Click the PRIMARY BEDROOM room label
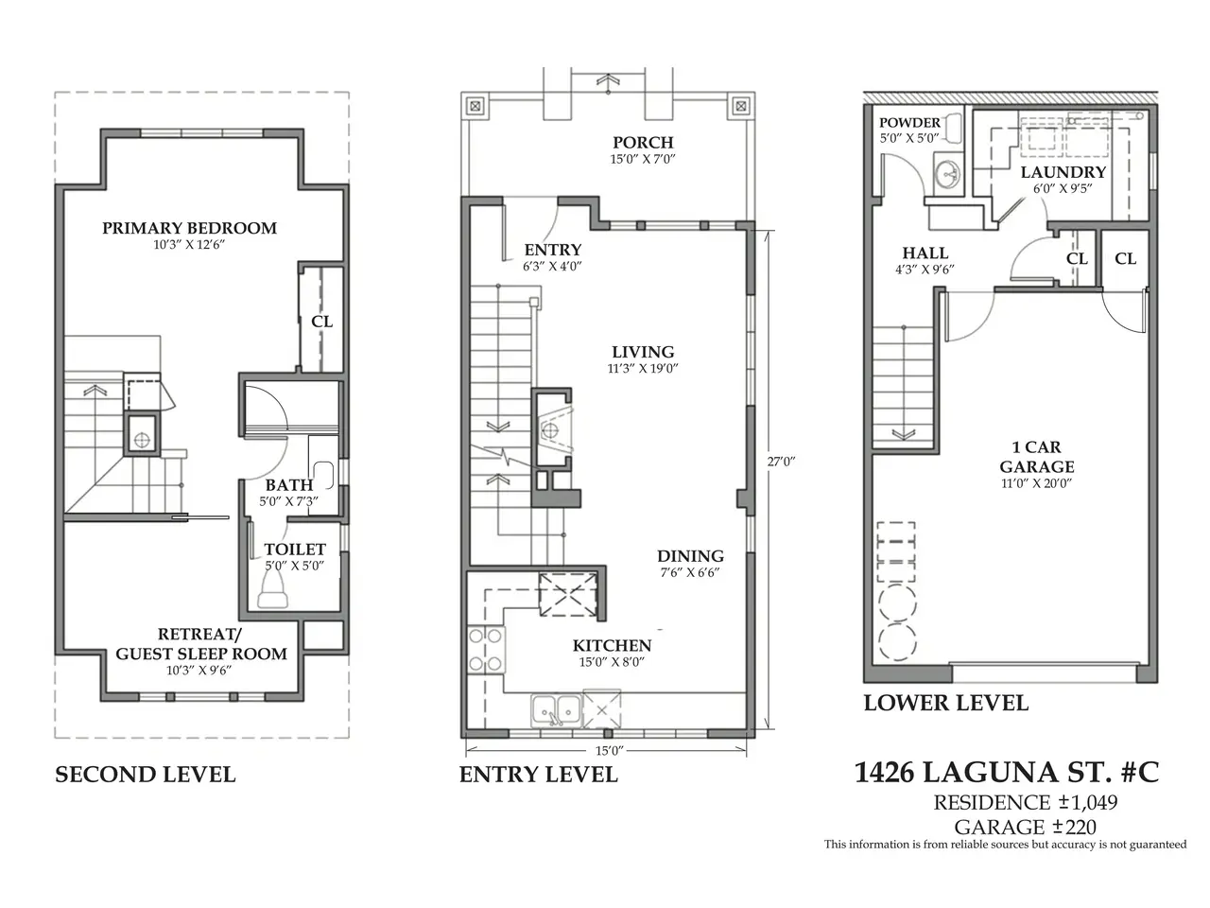189,228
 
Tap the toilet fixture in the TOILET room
273,589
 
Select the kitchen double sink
556,710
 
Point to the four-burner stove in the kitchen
486,650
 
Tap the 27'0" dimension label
781,462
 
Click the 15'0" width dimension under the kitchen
609,750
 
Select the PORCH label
643,142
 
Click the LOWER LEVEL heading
945,703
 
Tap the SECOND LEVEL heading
145,775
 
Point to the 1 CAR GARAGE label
1036,457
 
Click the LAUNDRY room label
1063,172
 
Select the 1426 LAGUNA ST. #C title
1007,773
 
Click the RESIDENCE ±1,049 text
1026,803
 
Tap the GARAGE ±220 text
1025,827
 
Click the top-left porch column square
475,106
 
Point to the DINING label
690,556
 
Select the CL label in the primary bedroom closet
322,322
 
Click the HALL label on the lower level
925,253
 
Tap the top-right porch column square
741,106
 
